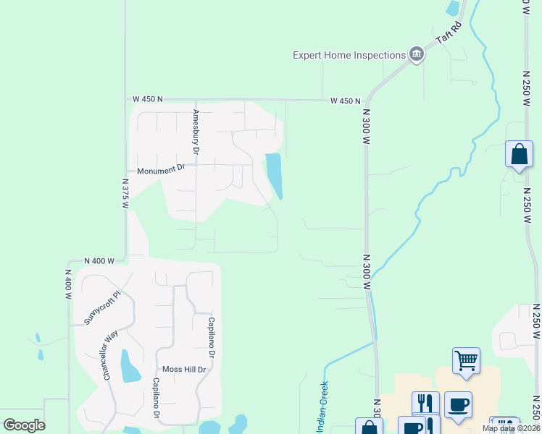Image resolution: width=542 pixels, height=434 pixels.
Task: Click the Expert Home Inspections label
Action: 349,56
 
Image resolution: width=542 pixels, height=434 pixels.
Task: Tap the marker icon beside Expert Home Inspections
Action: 417,54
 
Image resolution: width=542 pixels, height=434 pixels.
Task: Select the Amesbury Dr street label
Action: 195,132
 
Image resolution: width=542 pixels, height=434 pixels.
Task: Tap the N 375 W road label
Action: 125,194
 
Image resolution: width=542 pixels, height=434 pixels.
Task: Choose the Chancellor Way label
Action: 110,356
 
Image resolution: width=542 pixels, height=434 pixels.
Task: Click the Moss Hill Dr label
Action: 184,369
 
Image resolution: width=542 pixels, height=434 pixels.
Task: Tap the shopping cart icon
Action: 466,359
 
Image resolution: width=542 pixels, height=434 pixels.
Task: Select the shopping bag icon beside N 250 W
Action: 519,154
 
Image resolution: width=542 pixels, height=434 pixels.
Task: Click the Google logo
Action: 24,425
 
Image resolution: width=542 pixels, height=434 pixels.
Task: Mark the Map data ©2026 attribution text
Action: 510,428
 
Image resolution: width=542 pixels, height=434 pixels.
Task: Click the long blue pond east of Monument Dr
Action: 274,175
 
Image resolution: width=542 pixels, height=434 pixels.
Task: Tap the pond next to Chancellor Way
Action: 129,367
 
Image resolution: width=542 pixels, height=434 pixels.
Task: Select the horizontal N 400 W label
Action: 99,260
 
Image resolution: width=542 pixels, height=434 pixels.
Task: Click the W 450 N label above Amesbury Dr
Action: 148,99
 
